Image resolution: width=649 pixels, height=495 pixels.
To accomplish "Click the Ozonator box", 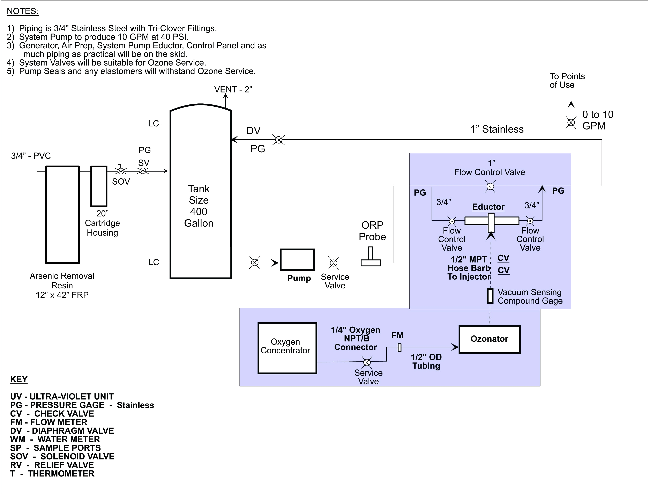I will pyautogui.click(x=489, y=339).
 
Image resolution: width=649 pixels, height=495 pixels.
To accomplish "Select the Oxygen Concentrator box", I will pyautogui.click(x=287, y=348).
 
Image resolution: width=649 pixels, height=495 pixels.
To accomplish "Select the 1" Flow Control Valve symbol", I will pyautogui.click(x=490, y=186).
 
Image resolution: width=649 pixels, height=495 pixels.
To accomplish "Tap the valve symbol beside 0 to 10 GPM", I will pyautogui.click(x=571, y=122).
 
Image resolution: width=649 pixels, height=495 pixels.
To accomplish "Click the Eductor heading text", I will pyautogui.click(x=488, y=207).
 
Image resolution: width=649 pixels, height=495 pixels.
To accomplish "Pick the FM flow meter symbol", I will pyautogui.click(x=400, y=347).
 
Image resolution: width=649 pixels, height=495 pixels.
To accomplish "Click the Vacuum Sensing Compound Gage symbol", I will pyautogui.click(x=490, y=296).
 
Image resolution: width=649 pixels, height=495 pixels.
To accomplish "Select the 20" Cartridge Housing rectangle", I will pyautogui.click(x=99, y=186).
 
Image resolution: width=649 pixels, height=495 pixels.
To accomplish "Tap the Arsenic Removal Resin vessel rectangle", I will pyautogui.click(x=62, y=214).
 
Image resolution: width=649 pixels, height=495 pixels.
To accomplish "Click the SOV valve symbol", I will pyautogui.click(x=120, y=171).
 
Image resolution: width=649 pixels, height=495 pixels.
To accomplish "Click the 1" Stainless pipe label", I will pyautogui.click(x=497, y=129).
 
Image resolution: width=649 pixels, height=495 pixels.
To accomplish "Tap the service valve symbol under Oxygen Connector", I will pyautogui.click(x=367, y=362).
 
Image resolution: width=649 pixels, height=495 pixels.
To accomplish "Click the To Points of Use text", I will pyautogui.click(x=567, y=80).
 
